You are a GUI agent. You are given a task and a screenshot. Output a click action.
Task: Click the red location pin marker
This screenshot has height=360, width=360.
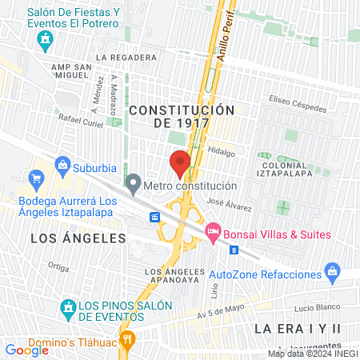point(180,164)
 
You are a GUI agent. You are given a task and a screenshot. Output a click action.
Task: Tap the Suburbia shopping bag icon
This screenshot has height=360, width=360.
point(62,167)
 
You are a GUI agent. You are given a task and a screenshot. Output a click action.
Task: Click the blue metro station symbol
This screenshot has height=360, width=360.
point(155,217)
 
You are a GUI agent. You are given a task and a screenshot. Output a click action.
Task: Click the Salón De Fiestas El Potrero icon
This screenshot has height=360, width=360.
point(46,37)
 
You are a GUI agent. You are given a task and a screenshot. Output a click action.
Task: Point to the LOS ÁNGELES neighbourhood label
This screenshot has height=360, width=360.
point(78,238)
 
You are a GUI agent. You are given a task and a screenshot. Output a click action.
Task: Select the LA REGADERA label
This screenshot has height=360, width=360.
point(126,58)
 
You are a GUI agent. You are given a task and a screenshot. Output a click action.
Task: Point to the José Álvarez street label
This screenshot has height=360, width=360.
point(229,206)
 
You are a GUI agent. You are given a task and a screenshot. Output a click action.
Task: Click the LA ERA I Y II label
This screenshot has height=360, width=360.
point(298,329)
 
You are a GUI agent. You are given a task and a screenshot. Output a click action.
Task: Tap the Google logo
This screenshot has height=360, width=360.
point(26,350)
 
